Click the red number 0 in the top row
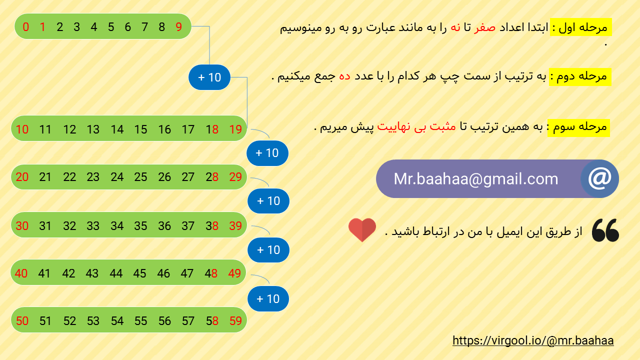(x=26, y=27)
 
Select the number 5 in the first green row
(x=110, y=27)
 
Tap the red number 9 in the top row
(x=179, y=27)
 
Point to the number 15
(x=140, y=129)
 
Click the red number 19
(x=235, y=129)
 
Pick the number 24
(x=117, y=177)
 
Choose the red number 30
(x=22, y=226)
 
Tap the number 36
(x=164, y=226)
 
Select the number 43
(x=92, y=273)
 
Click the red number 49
(x=234, y=273)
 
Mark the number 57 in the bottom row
(x=188, y=321)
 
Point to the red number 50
(x=22, y=321)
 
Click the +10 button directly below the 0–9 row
(x=209, y=77)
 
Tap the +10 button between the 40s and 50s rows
(x=268, y=298)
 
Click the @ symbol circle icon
(x=599, y=178)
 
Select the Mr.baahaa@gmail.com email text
(x=475, y=179)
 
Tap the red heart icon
(x=362, y=230)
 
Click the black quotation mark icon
(x=605, y=230)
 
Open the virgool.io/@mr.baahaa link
(x=533, y=340)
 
